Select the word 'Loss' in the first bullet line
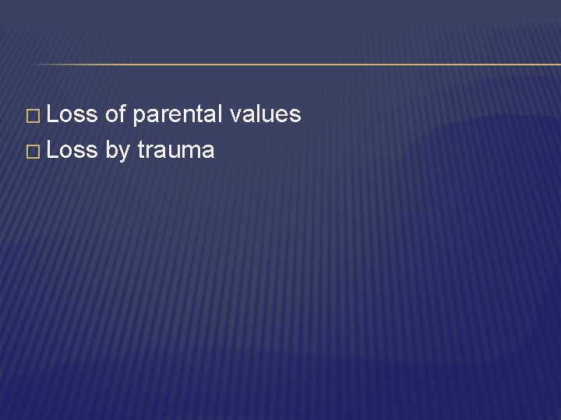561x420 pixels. click(x=72, y=114)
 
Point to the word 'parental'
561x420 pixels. click(x=178, y=115)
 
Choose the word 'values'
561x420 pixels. click(x=265, y=114)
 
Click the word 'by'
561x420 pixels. click(x=117, y=149)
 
